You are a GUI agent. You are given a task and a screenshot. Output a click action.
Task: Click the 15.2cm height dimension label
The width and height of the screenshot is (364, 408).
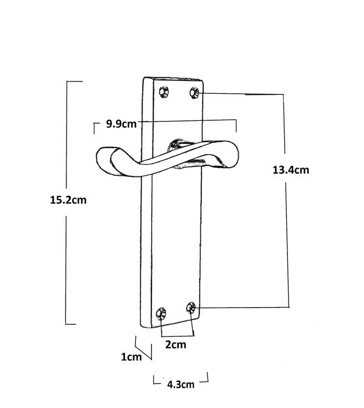(68, 200)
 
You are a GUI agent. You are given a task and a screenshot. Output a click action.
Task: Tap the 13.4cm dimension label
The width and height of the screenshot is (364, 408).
(290, 170)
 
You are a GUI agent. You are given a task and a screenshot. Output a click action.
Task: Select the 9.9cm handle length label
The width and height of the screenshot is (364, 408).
(121, 124)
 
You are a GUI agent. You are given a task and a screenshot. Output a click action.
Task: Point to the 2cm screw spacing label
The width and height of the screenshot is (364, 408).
(175, 345)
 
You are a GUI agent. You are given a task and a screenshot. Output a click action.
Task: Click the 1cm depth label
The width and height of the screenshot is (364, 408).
(132, 357)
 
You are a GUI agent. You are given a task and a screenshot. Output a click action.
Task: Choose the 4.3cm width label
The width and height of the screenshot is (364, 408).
(180, 384)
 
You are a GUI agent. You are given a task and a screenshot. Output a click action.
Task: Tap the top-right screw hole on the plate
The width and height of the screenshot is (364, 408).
(194, 92)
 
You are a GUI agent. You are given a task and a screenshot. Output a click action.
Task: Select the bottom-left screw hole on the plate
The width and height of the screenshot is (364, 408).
(161, 313)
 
